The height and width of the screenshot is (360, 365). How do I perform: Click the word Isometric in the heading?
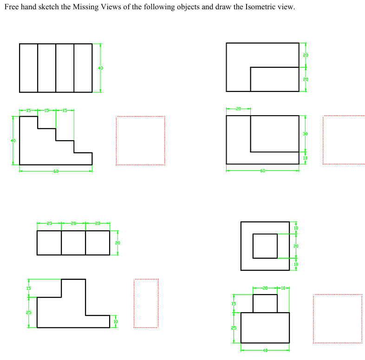[255, 8]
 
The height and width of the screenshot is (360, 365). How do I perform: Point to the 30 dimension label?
[305, 134]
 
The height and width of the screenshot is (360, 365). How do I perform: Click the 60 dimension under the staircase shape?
[56, 171]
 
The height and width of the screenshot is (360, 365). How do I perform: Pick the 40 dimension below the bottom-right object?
[265, 350]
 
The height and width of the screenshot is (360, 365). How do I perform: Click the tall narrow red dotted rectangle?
[146, 303]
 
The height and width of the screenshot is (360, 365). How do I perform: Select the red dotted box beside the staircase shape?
[140, 140]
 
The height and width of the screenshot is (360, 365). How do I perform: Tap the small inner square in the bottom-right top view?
[265, 246]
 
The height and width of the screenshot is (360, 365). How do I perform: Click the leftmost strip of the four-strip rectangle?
[28, 68]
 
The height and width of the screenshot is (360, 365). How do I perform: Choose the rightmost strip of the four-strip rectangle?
[83, 68]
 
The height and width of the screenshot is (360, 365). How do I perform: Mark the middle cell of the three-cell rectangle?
[73, 242]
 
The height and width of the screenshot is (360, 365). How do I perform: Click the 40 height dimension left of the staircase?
[13, 140]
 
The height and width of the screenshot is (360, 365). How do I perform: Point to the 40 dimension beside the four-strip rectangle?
[100, 68]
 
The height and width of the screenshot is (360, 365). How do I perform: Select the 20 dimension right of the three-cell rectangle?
[117, 242]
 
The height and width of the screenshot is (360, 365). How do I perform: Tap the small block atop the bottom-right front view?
[265, 303]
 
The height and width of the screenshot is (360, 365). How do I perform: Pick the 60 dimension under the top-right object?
[263, 171]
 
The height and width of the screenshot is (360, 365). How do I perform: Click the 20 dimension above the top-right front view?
[238, 109]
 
